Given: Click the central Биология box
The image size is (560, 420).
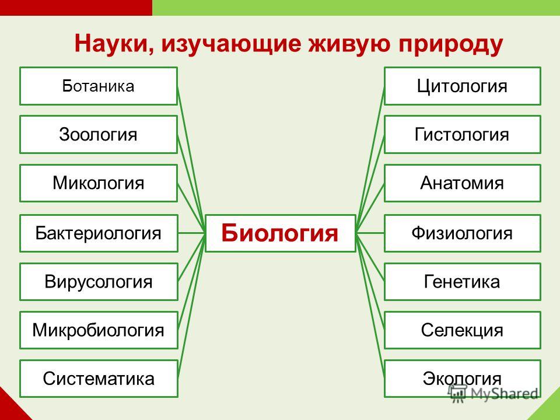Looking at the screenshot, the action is (x=281, y=233).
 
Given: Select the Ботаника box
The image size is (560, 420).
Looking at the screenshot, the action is (x=99, y=86).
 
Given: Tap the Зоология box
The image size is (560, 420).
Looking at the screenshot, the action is (x=99, y=135).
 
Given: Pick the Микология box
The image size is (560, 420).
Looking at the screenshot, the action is (x=99, y=183).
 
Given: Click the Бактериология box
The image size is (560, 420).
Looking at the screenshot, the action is (x=99, y=233).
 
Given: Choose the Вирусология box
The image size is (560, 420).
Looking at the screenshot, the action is (x=99, y=282).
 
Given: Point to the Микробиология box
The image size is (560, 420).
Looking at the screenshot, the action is (x=99, y=330).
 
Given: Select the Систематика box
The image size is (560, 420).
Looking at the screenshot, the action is (x=99, y=379).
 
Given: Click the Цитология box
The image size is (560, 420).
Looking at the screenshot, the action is (x=463, y=86).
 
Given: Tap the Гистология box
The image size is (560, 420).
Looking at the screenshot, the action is (x=463, y=135).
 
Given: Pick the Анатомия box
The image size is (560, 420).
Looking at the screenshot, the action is (x=463, y=183).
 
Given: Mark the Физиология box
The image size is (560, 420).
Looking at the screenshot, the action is (x=463, y=233).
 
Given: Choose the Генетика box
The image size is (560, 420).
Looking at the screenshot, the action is (x=463, y=282).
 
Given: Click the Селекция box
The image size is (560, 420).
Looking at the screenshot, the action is (x=463, y=330).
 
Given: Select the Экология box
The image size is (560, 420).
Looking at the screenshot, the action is (x=463, y=379).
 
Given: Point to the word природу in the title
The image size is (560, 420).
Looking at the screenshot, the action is (x=451, y=45).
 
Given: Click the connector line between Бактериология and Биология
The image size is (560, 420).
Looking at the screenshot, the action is (x=192, y=233).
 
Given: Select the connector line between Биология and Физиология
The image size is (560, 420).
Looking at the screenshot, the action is (x=370, y=233).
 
